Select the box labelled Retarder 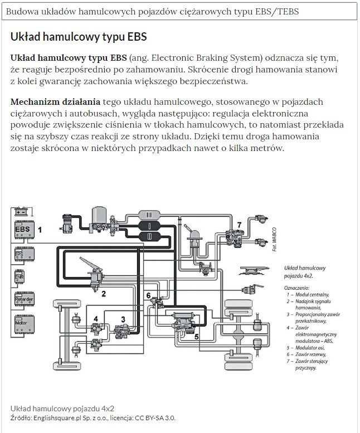pos(24,300)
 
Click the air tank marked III pos(149,215)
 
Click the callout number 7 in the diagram pos(239,224)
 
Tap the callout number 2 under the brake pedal pos(103,293)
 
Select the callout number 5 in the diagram pos(196,336)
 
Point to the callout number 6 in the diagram pos(148,295)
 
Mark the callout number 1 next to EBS pos(40,229)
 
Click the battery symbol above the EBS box pos(23,212)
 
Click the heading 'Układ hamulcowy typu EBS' pos(79,37)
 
